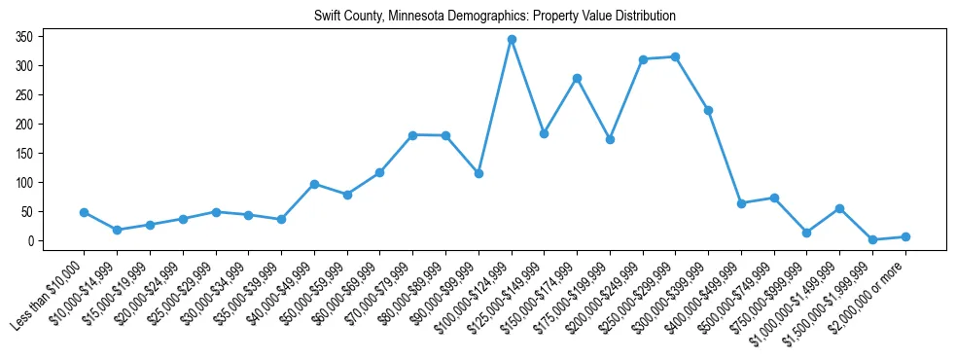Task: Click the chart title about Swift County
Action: [x=494, y=17]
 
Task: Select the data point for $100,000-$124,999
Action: [x=512, y=40]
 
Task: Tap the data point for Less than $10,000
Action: [x=85, y=212]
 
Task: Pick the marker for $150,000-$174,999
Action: [x=577, y=78]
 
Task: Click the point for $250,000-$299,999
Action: [x=675, y=56]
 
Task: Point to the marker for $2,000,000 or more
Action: [x=905, y=236]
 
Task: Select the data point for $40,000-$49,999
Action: [x=314, y=184]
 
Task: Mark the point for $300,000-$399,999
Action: [x=708, y=110]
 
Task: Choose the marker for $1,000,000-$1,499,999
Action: [x=839, y=208]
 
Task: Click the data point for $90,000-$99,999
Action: [x=478, y=173]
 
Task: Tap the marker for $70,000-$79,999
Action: [x=413, y=135]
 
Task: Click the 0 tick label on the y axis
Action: [x=31, y=241]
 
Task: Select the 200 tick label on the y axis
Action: [x=25, y=125]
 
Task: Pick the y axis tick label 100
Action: [x=25, y=183]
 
